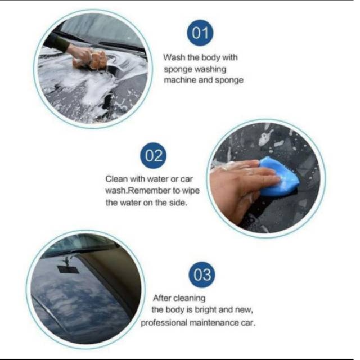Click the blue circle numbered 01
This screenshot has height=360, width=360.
tap(200, 33)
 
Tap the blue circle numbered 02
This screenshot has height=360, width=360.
tap(154, 155)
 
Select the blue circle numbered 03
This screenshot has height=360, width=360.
tap(202, 274)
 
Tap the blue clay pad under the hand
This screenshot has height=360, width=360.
tap(280, 176)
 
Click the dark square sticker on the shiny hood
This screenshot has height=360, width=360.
tap(68, 269)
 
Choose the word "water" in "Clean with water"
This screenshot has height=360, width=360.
tap(157, 179)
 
